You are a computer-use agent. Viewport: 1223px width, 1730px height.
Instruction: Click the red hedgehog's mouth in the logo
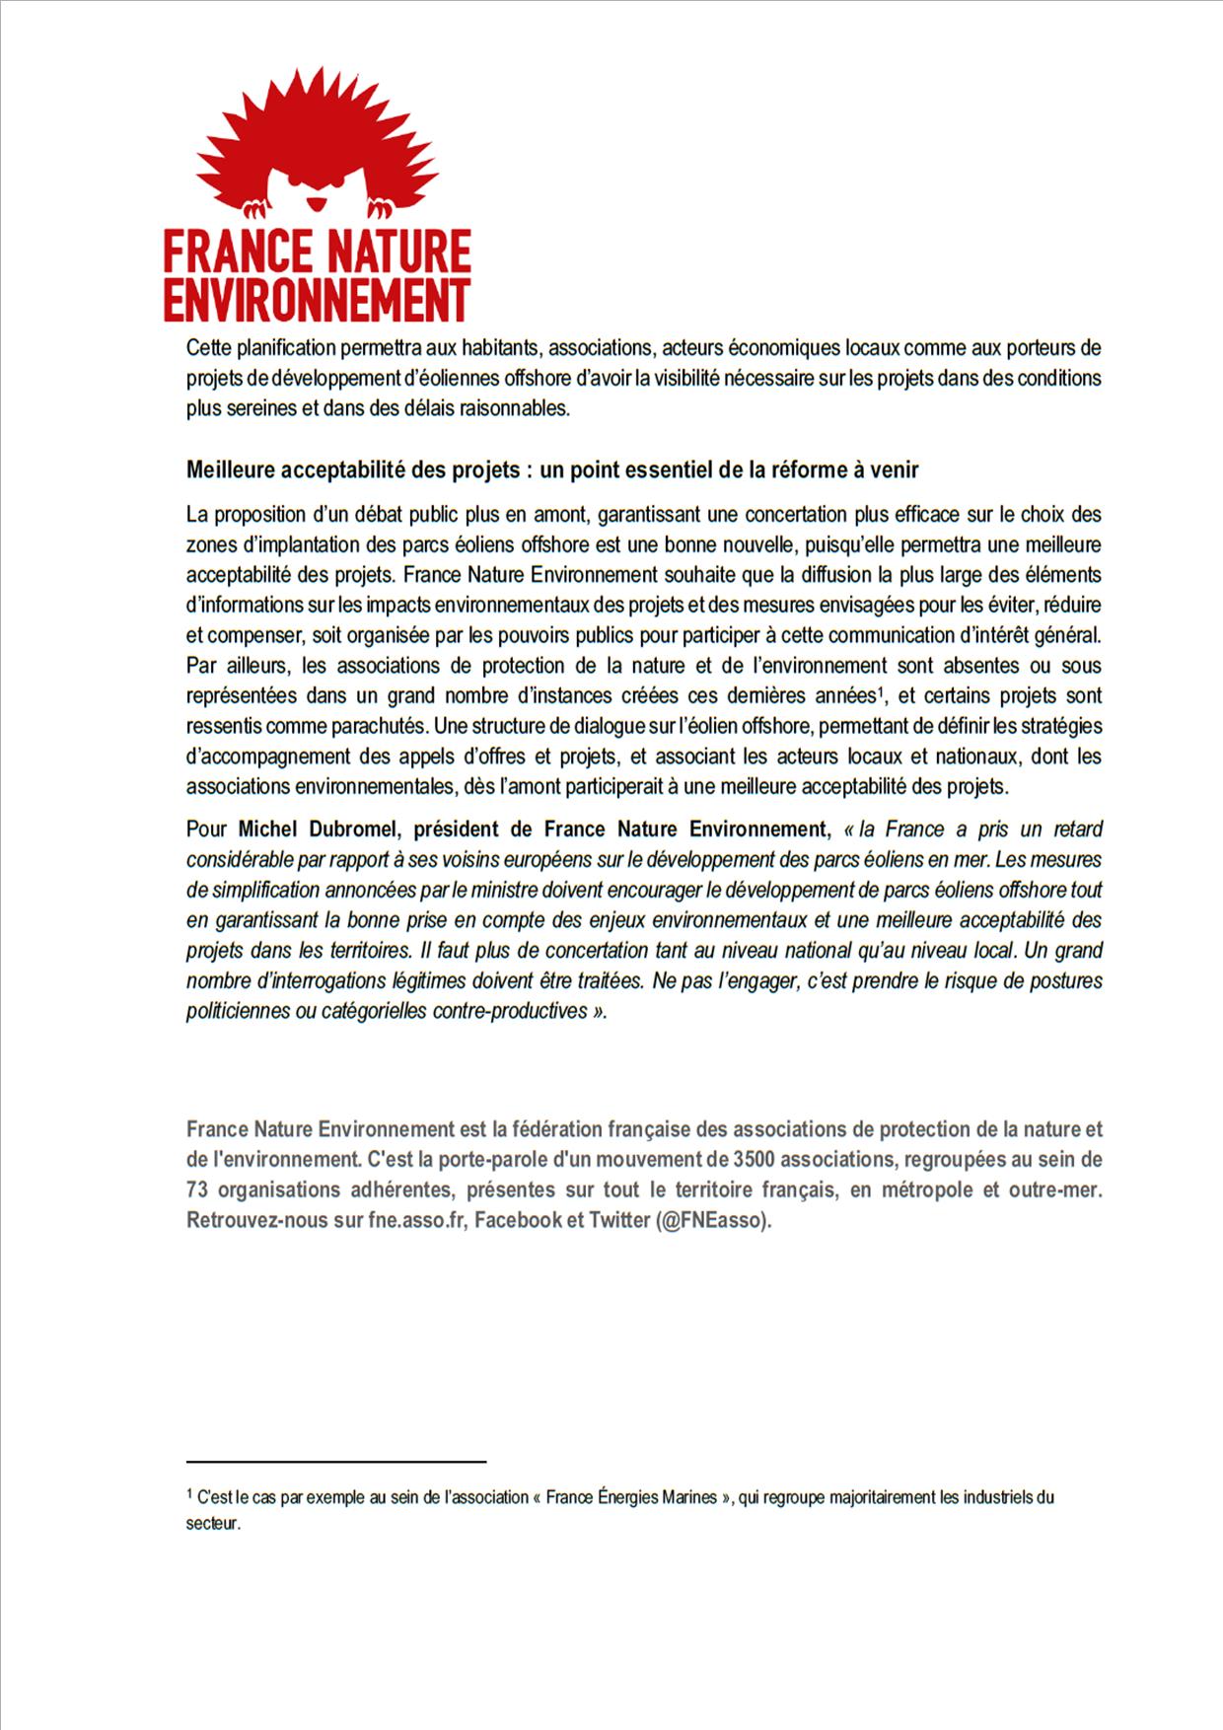pyautogui.click(x=315, y=203)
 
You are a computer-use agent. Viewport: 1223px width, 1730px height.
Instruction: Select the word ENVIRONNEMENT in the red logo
pyautogui.click(x=317, y=300)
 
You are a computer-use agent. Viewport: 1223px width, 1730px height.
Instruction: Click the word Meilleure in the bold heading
pyautogui.click(x=230, y=470)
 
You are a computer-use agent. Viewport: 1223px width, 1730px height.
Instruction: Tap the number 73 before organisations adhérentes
pyautogui.click(x=196, y=1189)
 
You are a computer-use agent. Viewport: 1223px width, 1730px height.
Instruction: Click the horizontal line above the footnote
pyautogui.click(x=336, y=1461)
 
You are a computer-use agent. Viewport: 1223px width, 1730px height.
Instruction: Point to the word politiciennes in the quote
pyautogui.click(x=238, y=1012)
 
